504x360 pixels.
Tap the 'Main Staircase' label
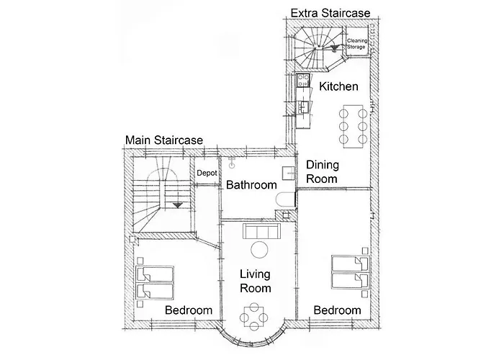point(164,140)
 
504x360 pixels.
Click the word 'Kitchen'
point(339,86)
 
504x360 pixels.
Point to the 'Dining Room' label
point(322,170)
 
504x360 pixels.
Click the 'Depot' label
point(207,174)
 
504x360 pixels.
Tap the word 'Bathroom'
point(251,185)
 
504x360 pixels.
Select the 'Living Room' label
point(255,282)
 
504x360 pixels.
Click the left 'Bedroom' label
point(189,310)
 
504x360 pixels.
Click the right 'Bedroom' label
point(337,310)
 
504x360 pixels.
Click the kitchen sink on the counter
point(303,107)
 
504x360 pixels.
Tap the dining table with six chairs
point(353,124)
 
